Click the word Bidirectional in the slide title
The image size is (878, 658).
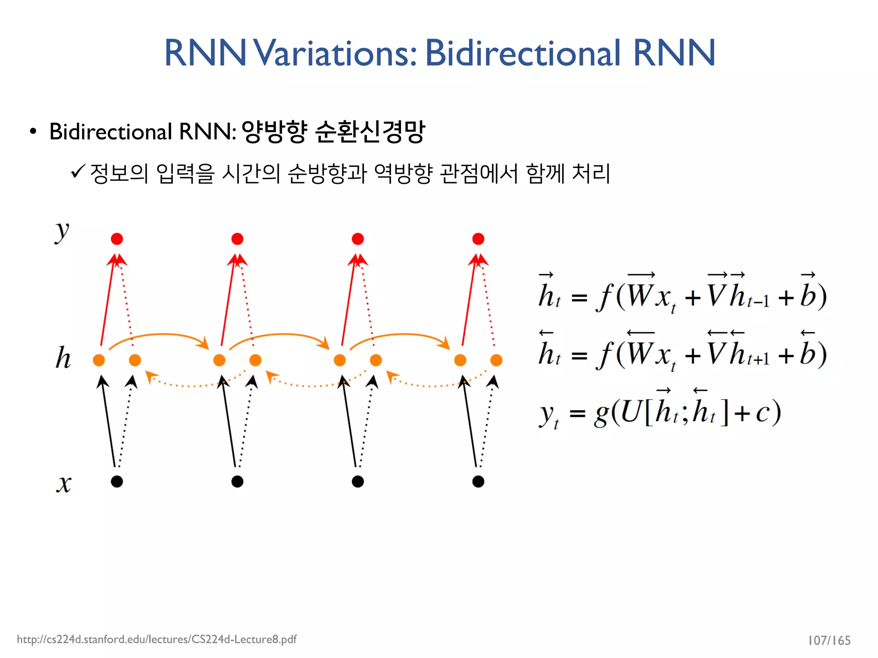coord(523,53)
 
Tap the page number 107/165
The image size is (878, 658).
coord(829,640)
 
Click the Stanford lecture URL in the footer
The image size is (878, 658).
coord(156,640)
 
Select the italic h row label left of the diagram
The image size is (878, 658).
coord(63,358)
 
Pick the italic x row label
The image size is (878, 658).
coord(64,484)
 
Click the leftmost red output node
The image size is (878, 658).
coord(117,239)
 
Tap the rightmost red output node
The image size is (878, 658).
coord(478,239)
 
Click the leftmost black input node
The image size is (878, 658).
coord(117,482)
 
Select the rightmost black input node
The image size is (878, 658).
coord(478,482)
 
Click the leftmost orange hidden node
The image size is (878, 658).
coord(99,360)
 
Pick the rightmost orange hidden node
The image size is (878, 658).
coord(496,360)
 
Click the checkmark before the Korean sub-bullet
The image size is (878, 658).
coord(78,172)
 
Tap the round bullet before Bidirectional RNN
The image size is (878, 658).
coord(33,131)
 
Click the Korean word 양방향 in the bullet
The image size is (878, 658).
coord(274,131)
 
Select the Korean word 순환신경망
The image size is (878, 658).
coord(370,131)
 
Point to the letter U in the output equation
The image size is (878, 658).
coord(630,412)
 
